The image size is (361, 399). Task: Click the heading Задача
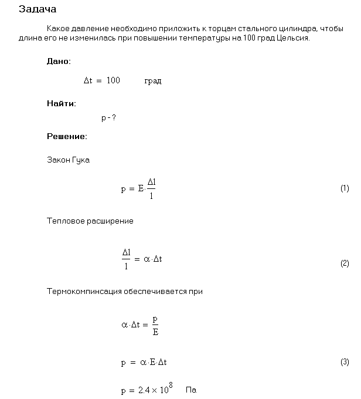pyautogui.click(x=38, y=9)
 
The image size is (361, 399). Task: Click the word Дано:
pyautogui.click(x=59, y=61)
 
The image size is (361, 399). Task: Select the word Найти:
pyautogui.click(x=62, y=103)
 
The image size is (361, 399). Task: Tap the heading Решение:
pyautogui.click(x=67, y=136)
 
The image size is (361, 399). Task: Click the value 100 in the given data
pyautogui.click(x=113, y=80)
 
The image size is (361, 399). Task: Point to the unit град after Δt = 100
pyautogui.click(x=152, y=81)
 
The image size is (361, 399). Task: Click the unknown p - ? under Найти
pyautogui.click(x=108, y=118)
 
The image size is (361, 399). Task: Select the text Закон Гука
pyautogui.click(x=68, y=160)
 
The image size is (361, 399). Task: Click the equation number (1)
pyautogui.click(x=345, y=188)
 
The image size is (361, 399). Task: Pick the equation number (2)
pyautogui.click(x=345, y=263)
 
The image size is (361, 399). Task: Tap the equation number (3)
pyautogui.click(x=345, y=362)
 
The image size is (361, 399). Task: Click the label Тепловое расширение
pyautogui.click(x=90, y=221)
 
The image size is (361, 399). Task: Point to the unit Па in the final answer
pyautogui.click(x=190, y=390)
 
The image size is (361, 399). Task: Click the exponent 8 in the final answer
pyautogui.click(x=171, y=386)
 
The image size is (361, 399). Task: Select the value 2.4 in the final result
pyautogui.click(x=144, y=390)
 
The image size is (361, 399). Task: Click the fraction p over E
pyautogui.click(x=155, y=325)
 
